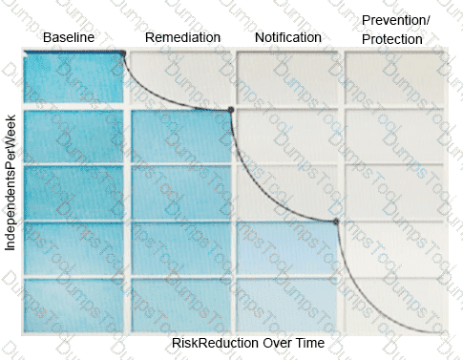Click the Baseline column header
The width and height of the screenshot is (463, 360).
(69, 37)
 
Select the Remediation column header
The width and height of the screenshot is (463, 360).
(182, 37)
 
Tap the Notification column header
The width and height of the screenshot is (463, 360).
(288, 37)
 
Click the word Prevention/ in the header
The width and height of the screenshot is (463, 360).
(396, 20)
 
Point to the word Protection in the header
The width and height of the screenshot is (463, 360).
(392, 39)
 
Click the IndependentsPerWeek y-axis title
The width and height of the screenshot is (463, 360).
(11, 182)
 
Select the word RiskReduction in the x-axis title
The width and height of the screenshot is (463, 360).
(215, 343)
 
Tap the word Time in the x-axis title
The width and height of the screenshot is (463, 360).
(310, 343)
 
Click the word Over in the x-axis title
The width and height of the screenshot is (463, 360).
(277, 343)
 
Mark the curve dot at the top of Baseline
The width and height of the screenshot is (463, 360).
(122, 53)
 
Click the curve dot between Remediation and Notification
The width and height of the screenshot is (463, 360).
(231, 110)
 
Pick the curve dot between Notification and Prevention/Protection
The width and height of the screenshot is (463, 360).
(336, 222)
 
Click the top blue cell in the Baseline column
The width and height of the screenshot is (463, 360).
(74, 78)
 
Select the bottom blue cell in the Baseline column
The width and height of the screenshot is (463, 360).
(74, 306)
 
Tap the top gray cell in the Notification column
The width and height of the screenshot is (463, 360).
(287, 78)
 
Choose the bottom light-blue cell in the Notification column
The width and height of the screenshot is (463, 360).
(287, 306)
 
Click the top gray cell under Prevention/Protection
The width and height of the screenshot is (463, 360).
(394, 78)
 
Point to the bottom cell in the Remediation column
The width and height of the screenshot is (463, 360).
(180, 306)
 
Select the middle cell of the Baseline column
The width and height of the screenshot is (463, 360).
(74, 193)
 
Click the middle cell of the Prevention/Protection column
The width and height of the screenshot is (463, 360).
(394, 193)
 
